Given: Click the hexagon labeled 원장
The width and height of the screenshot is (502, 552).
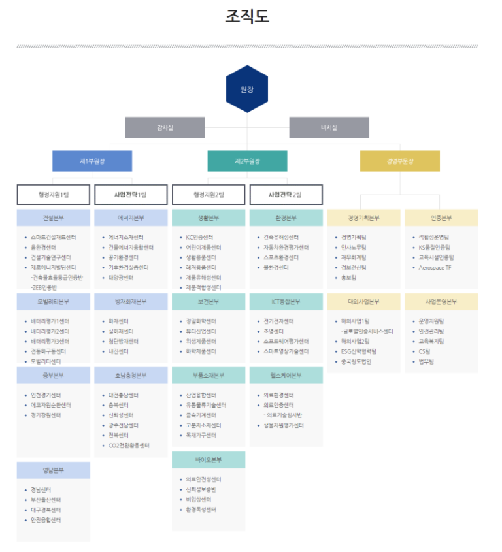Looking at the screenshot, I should click(246, 89).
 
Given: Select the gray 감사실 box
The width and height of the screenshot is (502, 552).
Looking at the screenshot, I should click(165, 127).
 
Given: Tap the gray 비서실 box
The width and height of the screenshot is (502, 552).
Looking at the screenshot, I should click(329, 127).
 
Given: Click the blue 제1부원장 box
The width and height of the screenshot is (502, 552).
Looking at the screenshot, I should click(92, 161).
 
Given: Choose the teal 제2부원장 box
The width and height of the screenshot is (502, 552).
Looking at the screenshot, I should click(247, 161).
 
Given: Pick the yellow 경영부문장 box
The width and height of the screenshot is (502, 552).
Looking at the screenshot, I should click(399, 161).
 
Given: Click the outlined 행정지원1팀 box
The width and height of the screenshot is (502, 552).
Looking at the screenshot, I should click(54, 195).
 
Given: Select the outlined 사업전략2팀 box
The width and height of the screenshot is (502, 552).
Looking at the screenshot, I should click(286, 195).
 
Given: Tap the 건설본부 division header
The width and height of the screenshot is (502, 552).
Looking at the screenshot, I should click(54, 218).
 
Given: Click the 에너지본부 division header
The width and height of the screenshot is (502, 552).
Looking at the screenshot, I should click(131, 218).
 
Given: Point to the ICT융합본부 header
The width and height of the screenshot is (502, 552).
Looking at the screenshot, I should click(286, 302).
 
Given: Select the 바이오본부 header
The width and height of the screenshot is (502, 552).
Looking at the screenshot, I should click(209, 460).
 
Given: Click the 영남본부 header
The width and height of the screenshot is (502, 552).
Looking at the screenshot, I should click(54, 470).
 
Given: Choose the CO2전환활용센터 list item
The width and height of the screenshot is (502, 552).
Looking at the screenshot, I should click(129, 445).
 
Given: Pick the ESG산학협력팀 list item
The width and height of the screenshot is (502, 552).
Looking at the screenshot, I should click(359, 351).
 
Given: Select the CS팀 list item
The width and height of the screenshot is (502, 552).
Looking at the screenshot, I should click(426, 351).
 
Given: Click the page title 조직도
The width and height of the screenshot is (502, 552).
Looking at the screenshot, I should click(247, 17).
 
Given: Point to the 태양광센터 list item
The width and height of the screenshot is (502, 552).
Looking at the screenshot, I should click(121, 277).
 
